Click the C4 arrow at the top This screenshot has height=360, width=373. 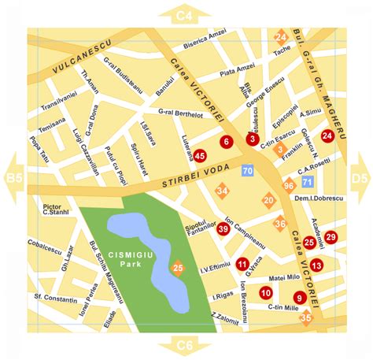(x=185, y=14)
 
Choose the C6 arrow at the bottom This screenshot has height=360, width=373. (x=185, y=346)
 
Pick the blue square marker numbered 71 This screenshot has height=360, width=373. (x=307, y=182)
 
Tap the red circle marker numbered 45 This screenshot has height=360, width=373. (x=200, y=156)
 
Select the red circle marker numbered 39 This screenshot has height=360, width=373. (x=223, y=229)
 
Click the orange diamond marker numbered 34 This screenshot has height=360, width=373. (x=223, y=191)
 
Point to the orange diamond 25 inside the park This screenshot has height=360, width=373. (x=178, y=269)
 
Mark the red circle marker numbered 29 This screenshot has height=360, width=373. (x=331, y=237)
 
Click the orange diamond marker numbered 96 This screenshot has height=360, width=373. (x=289, y=185)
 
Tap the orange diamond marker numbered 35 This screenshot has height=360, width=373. (x=306, y=317)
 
